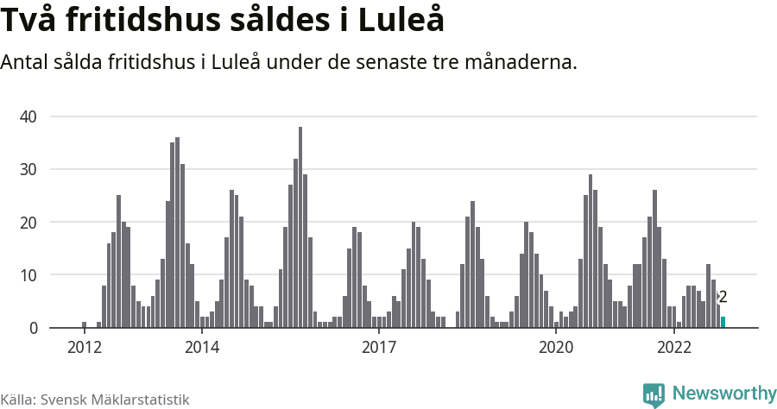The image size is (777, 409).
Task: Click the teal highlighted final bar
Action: coord(723,323)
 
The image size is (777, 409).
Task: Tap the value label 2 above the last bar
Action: coord(723,297)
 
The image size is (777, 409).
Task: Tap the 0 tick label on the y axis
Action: coord(34,329)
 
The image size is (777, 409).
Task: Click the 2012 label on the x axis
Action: coord(84,348)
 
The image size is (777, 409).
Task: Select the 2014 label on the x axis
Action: coord(201,348)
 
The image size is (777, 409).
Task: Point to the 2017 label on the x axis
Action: coord(378,348)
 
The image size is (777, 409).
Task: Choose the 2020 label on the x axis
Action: coord(555,348)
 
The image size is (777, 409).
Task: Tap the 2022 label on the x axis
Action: coord(673,348)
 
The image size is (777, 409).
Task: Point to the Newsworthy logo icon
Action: coord(654,394)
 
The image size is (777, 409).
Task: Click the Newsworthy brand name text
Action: coord(724,393)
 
